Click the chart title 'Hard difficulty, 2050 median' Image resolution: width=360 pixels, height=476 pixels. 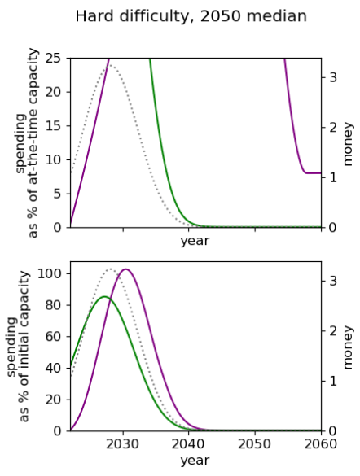191,16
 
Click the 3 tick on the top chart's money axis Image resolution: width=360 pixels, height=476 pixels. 333,77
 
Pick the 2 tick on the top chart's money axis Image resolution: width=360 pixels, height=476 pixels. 333,128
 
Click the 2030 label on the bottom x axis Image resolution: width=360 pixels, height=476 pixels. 123,444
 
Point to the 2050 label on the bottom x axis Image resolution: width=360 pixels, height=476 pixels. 255,444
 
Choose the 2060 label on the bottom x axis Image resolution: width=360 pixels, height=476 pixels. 321,444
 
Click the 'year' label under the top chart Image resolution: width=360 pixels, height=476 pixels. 195,241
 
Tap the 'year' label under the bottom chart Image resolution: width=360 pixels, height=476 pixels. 195,461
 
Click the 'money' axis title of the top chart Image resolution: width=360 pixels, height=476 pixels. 348,144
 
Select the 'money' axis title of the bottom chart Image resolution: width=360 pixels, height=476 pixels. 348,347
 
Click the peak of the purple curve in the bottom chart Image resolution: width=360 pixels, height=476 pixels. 125,269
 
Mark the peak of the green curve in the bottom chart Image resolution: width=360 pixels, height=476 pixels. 104,297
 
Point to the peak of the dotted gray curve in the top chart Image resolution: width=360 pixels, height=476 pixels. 110,65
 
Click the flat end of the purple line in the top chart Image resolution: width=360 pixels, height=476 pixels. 321,173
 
